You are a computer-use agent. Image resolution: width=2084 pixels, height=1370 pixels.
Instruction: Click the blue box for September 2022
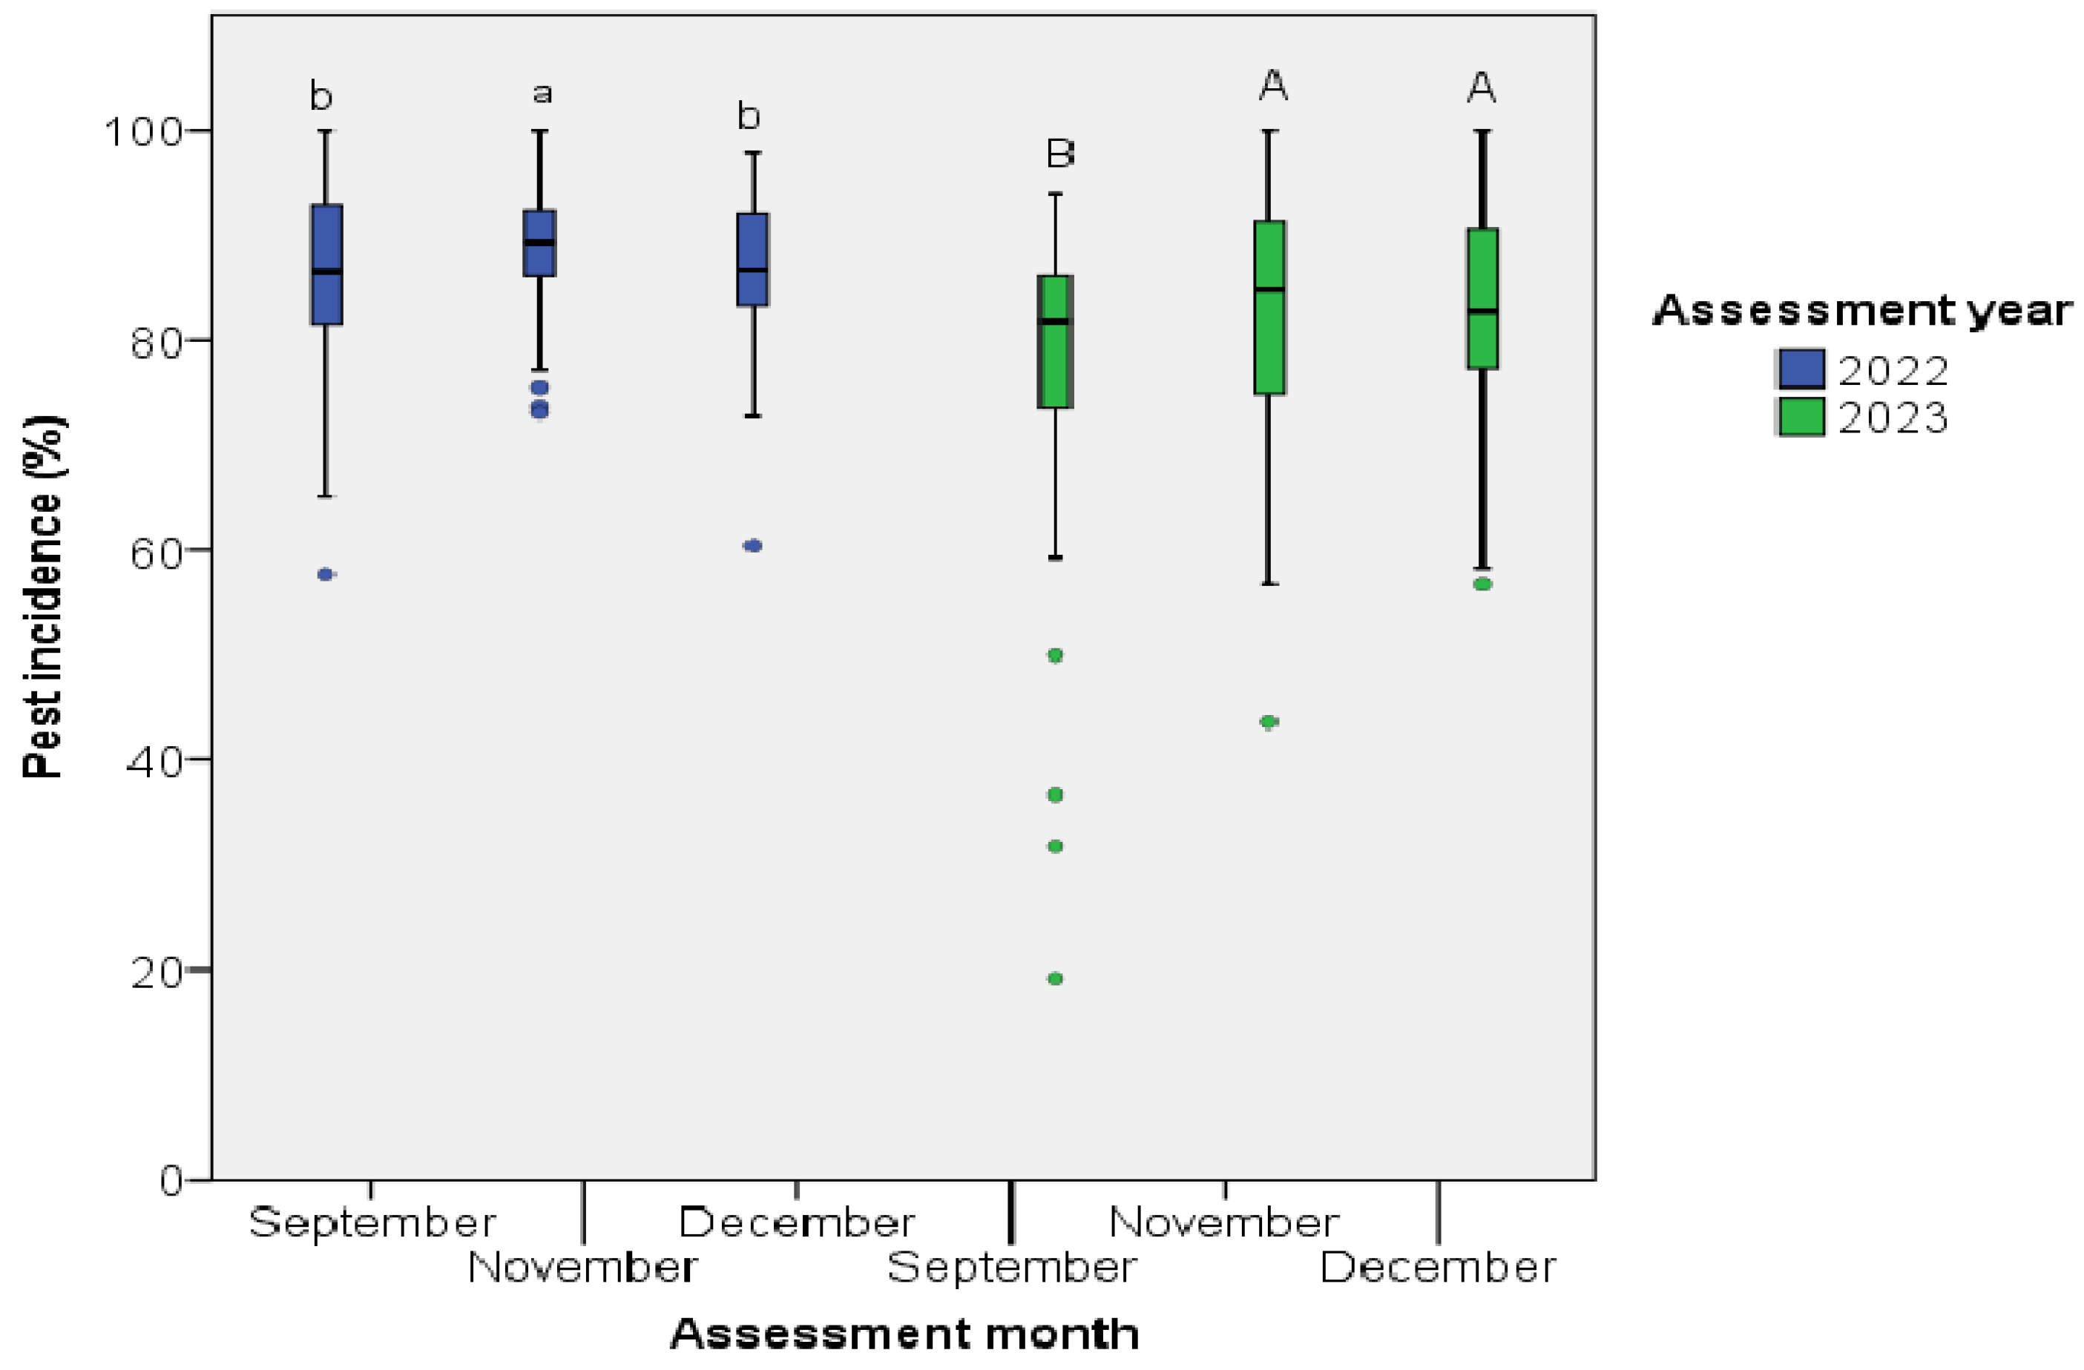click(326, 264)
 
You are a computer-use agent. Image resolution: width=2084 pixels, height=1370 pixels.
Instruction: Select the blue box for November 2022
click(539, 243)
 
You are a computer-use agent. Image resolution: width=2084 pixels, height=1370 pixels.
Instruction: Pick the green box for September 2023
click(1055, 341)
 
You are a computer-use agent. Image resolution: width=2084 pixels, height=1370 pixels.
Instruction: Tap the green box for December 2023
click(1482, 297)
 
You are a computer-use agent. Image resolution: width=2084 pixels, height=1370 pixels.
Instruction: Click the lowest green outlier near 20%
click(1055, 978)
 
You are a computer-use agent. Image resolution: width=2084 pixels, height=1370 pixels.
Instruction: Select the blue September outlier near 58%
click(326, 574)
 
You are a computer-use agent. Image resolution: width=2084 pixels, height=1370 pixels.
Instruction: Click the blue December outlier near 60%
click(753, 545)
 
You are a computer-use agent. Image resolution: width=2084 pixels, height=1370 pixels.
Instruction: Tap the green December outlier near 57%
click(1482, 584)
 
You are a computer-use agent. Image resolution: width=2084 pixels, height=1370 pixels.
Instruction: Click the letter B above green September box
click(1059, 154)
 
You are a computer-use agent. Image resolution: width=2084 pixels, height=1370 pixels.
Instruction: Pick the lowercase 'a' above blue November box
click(542, 93)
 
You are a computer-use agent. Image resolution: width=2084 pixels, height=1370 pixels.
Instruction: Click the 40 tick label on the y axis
click(154, 762)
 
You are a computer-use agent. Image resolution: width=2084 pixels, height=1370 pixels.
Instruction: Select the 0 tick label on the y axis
click(171, 1181)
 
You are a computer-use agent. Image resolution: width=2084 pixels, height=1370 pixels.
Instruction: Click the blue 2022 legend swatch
click(1802, 369)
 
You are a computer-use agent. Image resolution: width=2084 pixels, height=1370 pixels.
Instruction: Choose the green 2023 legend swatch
click(1802, 416)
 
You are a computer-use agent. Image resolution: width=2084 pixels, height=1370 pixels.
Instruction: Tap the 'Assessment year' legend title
click(1861, 310)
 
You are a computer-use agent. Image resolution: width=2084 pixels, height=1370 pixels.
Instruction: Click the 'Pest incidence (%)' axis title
click(44, 596)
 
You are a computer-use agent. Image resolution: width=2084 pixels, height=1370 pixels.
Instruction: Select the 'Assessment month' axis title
click(904, 1334)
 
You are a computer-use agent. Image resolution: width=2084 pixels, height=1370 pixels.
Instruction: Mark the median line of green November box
click(1269, 289)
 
